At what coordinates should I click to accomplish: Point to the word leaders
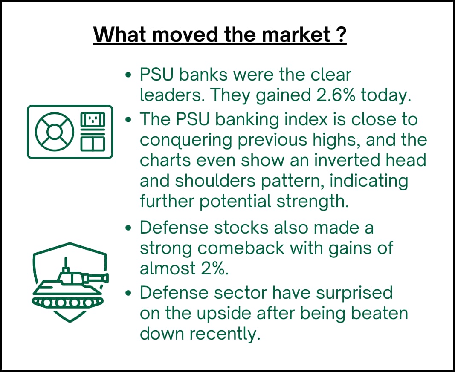[171, 95]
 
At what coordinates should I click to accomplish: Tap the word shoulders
[215, 181]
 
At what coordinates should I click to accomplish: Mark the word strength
[312, 201]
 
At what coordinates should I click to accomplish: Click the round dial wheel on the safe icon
[55, 132]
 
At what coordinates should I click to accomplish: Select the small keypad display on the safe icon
[93, 119]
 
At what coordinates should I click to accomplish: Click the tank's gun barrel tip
[106, 278]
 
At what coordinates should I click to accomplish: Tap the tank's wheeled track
[68, 302]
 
